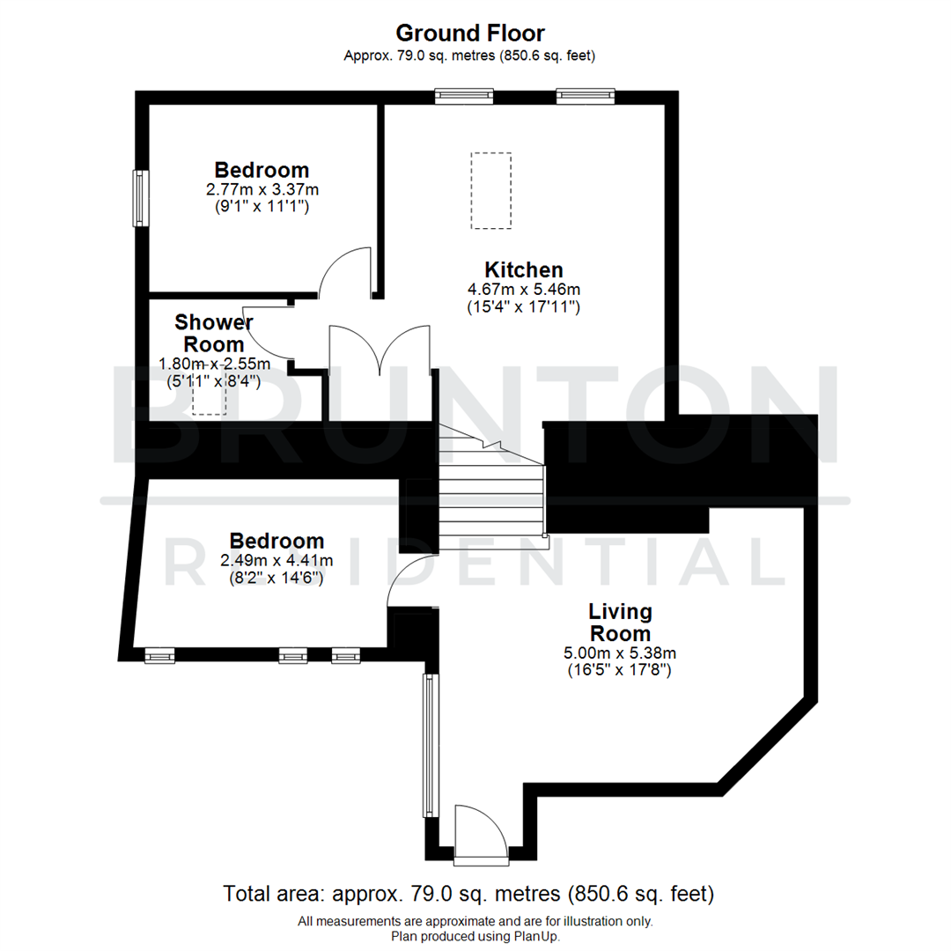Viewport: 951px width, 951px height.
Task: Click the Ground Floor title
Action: (470, 33)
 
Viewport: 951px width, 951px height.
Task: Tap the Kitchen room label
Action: (524, 269)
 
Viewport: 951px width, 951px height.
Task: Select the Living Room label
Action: (620, 622)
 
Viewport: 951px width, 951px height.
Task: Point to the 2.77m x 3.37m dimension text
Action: (262, 189)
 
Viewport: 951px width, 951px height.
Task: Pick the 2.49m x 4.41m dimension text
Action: (276, 560)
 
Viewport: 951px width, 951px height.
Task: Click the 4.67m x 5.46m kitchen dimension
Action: (524, 289)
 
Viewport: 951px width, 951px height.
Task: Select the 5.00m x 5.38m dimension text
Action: (620, 652)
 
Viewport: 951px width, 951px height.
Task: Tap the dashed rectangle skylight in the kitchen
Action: (490, 191)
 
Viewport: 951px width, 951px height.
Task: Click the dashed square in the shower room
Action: (210, 398)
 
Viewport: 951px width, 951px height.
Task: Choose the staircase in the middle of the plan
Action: (491, 493)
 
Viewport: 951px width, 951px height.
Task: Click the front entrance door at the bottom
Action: (480, 832)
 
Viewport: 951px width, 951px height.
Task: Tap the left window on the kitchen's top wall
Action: (464, 96)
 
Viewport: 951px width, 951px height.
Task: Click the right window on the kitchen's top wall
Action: (585, 96)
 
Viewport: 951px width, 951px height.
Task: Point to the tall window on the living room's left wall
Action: (429, 745)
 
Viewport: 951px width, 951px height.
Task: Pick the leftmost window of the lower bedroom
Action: (159, 654)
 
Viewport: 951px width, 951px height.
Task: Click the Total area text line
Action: (468, 895)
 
